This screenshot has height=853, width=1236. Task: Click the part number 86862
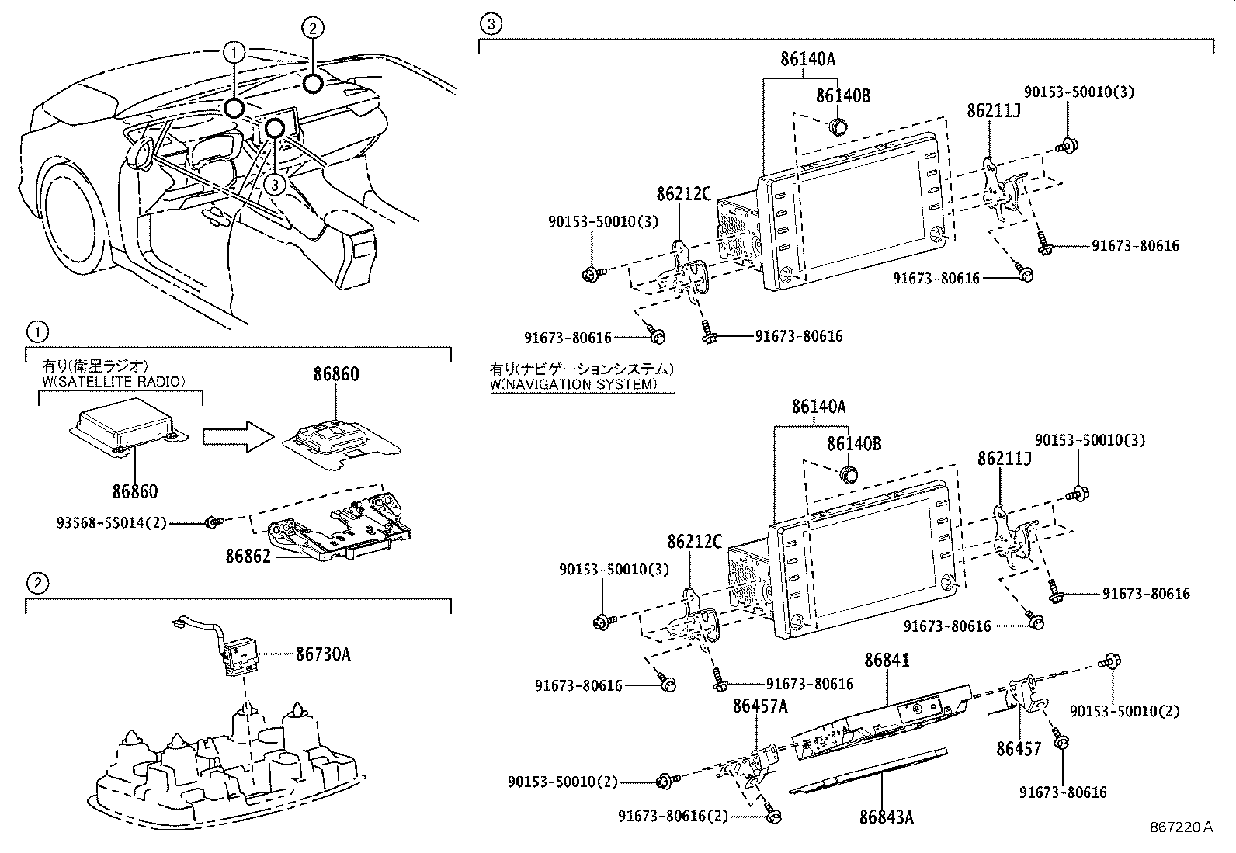point(248,557)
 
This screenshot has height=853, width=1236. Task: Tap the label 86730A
point(323,654)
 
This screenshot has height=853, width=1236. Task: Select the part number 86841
point(887,661)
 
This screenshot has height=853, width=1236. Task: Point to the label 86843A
point(887,817)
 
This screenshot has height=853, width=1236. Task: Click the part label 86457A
point(760,706)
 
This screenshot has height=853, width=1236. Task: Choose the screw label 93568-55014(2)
point(112,523)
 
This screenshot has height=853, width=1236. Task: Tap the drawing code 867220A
point(1181,827)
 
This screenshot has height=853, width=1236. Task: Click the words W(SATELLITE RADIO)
point(114,380)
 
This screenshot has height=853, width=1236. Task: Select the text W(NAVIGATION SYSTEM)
point(573,384)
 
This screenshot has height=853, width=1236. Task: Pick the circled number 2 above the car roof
point(311,29)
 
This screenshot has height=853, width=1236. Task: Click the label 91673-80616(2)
point(673,816)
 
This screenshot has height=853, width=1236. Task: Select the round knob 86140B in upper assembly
point(838,126)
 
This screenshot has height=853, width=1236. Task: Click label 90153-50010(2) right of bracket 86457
point(1123,711)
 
